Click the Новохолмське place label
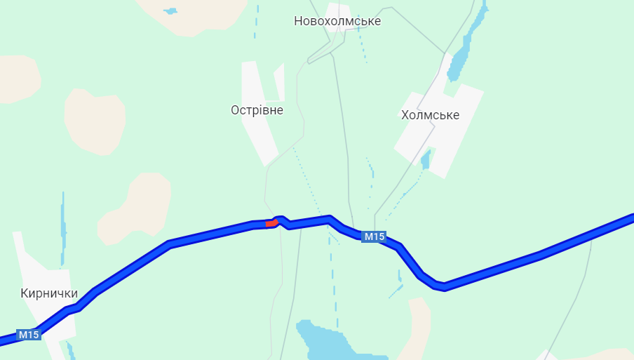pyautogui.click(x=337, y=21)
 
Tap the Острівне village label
pyautogui.click(x=257, y=110)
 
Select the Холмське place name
pyautogui.click(x=430, y=115)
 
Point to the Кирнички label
pyautogui.click(x=49, y=293)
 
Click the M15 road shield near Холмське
pyautogui.click(x=374, y=237)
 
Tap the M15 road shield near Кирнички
pyautogui.click(x=29, y=335)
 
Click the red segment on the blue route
pyautogui.click(x=272, y=223)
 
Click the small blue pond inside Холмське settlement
pyautogui.click(x=425, y=160)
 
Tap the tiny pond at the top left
pyautogui.click(x=170, y=11)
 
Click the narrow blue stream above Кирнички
pyautogui.click(x=63, y=225)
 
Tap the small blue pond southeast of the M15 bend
pyautogui.click(x=399, y=286)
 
